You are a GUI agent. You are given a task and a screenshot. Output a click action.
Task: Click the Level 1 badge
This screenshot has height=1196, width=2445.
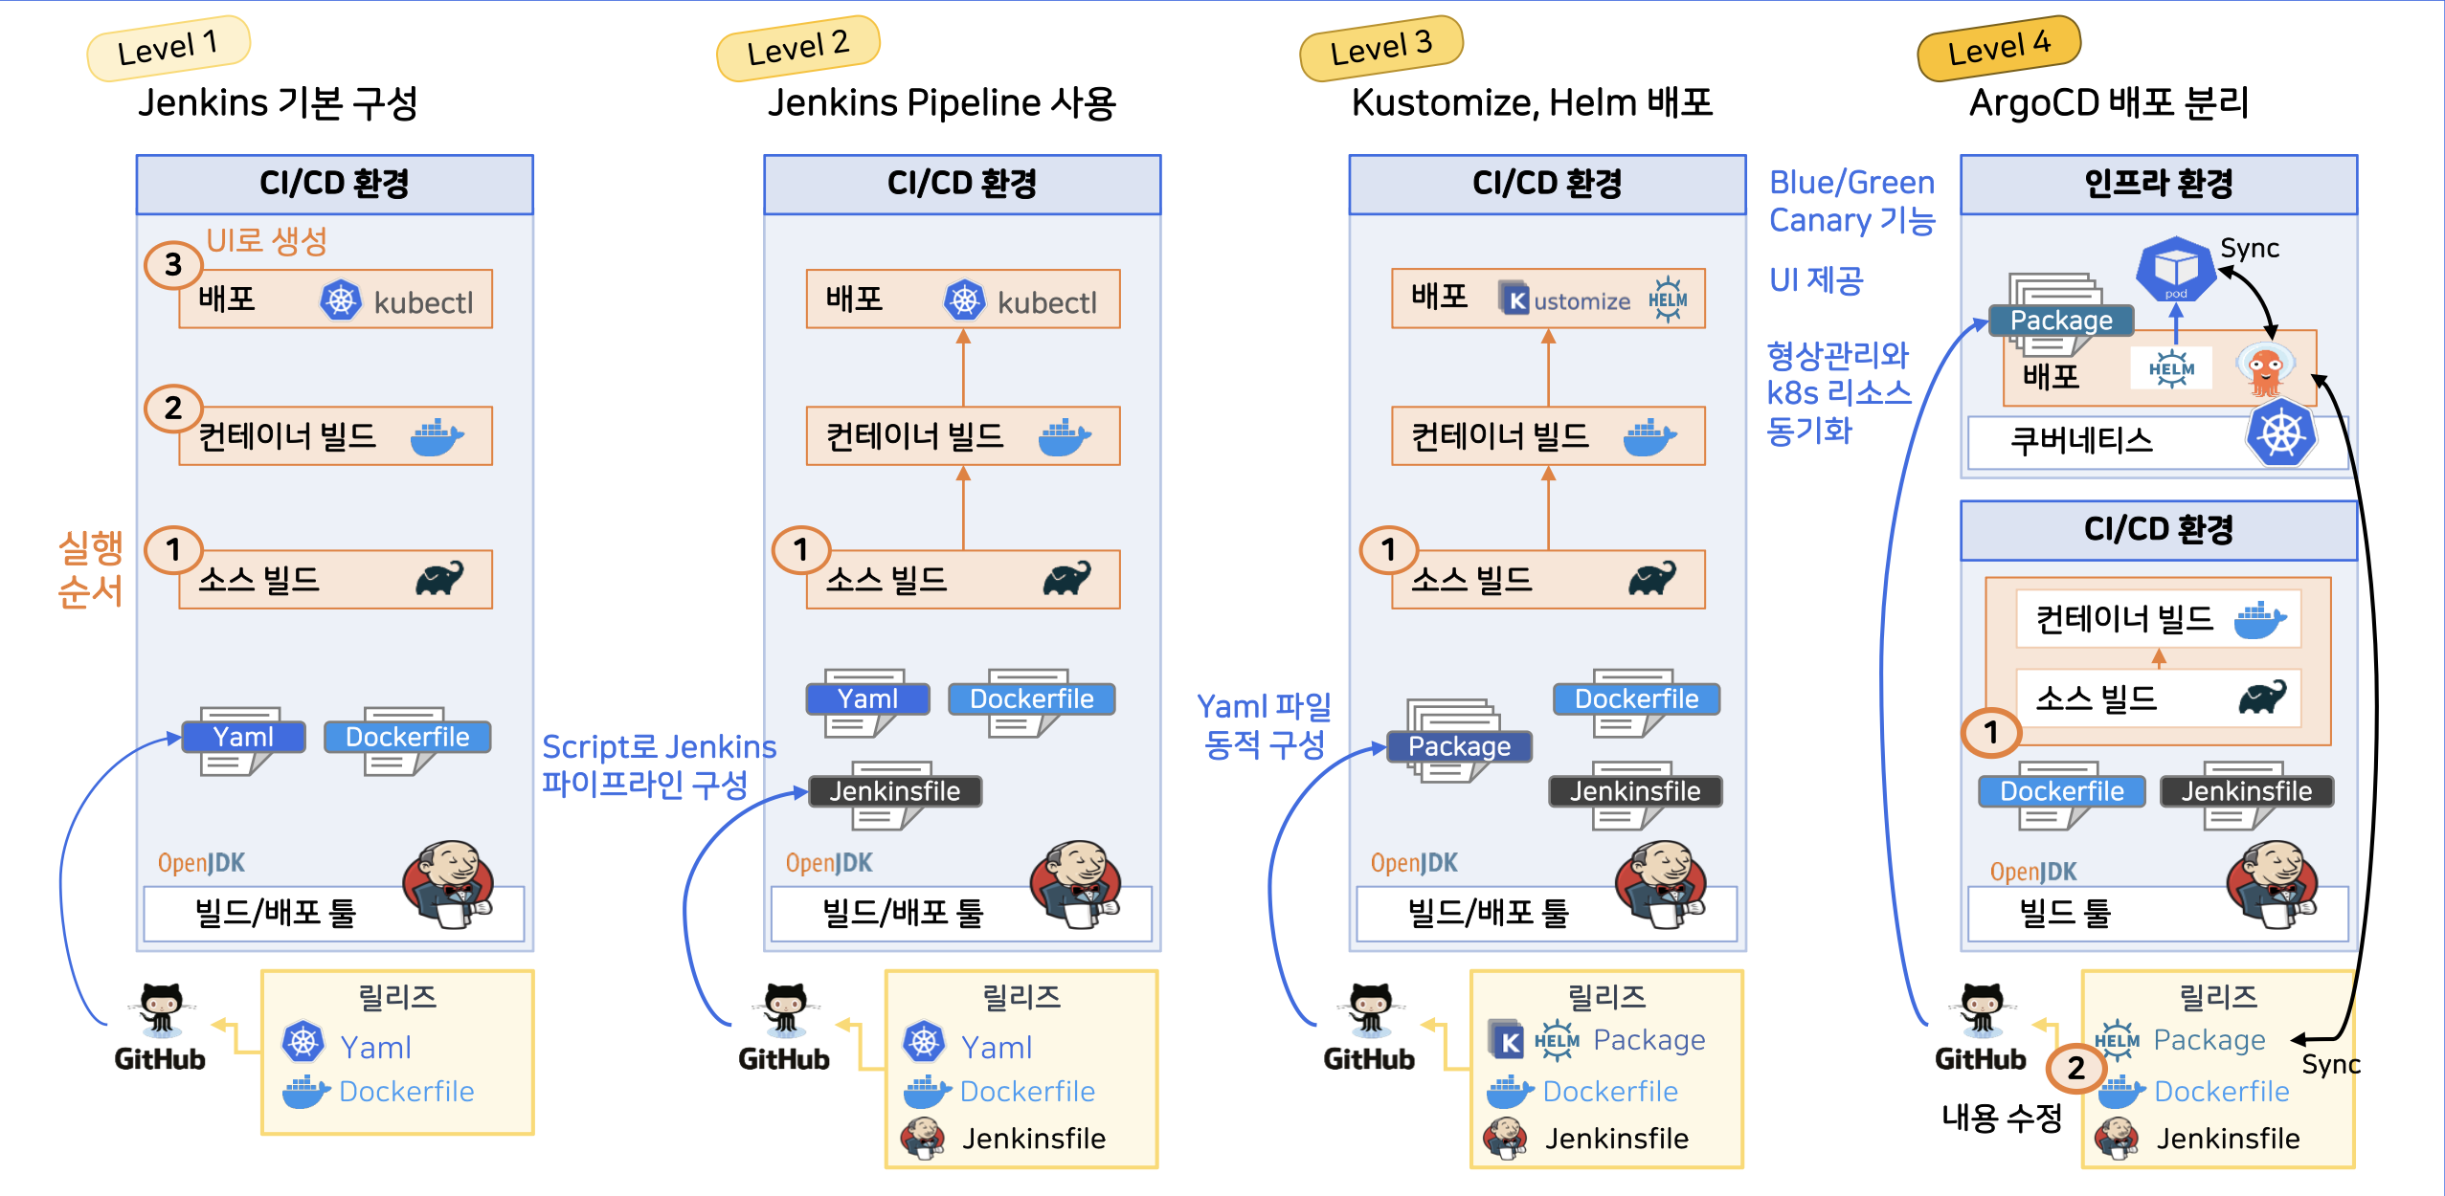168,47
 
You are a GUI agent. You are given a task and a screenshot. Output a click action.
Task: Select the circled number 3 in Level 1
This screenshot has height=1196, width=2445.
172,264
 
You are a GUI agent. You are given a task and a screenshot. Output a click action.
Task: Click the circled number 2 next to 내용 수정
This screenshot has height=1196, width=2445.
2075,1068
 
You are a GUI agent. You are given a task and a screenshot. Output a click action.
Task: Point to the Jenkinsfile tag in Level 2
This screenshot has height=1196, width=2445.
894,791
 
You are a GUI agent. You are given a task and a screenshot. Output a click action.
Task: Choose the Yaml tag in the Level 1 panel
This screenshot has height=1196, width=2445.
243,737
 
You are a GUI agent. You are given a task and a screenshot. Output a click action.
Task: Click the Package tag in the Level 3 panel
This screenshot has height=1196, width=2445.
1459,746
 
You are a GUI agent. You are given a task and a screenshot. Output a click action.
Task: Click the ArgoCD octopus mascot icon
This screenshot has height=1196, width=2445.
2265,369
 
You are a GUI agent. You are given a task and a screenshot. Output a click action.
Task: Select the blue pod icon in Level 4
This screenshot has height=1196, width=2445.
2176,269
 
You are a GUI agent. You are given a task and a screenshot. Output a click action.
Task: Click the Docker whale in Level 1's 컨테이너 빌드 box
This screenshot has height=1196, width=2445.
437,436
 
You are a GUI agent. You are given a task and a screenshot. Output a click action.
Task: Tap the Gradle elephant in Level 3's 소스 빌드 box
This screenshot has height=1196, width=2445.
1652,578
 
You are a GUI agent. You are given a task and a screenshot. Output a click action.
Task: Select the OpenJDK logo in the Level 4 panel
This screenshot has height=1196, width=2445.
2032,872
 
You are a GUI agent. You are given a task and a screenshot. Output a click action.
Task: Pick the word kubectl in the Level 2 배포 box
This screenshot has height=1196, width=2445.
1046,302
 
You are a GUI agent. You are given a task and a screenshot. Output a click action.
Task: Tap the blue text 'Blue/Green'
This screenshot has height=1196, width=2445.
1851,182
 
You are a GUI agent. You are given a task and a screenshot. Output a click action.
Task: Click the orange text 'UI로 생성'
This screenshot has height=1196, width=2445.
266,240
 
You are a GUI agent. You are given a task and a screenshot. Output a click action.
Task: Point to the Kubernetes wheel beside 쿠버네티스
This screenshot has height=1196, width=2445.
2280,433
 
